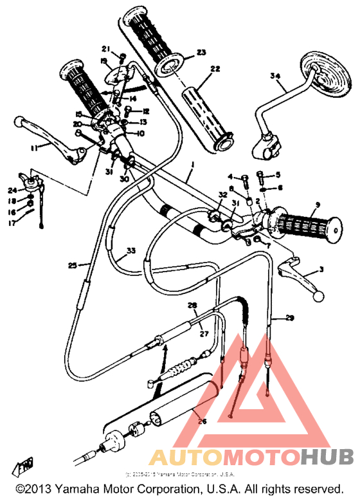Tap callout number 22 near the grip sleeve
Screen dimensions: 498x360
pos(214,69)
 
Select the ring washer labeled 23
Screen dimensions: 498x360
pos(171,64)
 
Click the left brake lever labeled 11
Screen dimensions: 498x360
pos(45,134)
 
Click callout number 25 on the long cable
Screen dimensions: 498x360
pos(72,264)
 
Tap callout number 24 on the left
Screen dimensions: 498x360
pos(12,190)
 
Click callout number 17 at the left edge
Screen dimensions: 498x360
pos(12,223)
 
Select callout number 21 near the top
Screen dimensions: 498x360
pos(105,48)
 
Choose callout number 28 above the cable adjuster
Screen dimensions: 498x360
pos(191,306)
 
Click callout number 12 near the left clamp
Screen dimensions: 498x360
pos(146,111)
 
